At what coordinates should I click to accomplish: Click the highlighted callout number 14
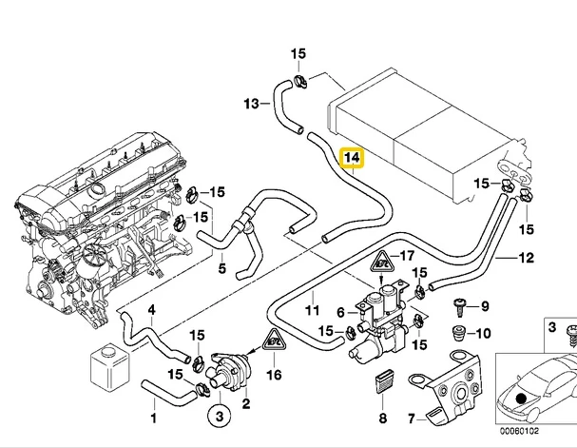(352, 158)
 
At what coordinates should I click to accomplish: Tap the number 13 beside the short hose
(252, 104)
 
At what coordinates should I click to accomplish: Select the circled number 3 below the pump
(220, 417)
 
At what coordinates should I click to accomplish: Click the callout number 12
(527, 258)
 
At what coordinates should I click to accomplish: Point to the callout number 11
(313, 310)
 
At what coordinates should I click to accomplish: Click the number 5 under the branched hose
(221, 268)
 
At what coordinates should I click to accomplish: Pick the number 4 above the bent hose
(151, 311)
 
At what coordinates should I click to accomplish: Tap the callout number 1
(154, 418)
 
